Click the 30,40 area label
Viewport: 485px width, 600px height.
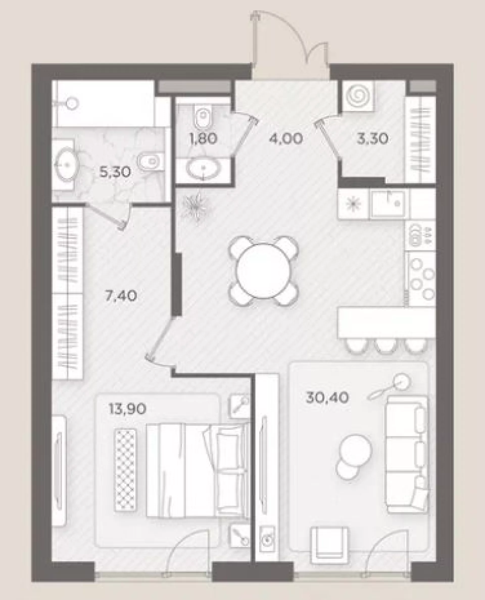click(327, 398)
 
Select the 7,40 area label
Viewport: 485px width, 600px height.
click(121, 296)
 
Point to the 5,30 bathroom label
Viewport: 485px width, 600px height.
click(115, 172)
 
